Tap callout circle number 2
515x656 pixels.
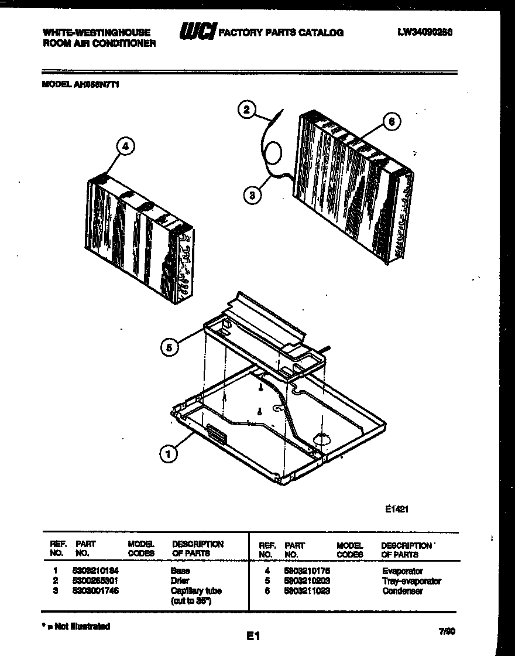[x=248, y=110]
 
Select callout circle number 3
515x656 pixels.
[x=252, y=196]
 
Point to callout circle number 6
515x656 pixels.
[x=392, y=122]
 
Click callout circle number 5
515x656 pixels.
[x=169, y=347]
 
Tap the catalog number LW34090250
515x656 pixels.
[x=425, y=33]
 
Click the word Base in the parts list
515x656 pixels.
[x=180, y=570]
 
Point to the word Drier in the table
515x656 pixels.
[x=180, y=580]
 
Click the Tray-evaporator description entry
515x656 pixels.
[x=411, y=581]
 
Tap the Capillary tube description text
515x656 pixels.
[x=196, y=591]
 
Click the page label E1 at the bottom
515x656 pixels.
[x=253, y=635]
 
